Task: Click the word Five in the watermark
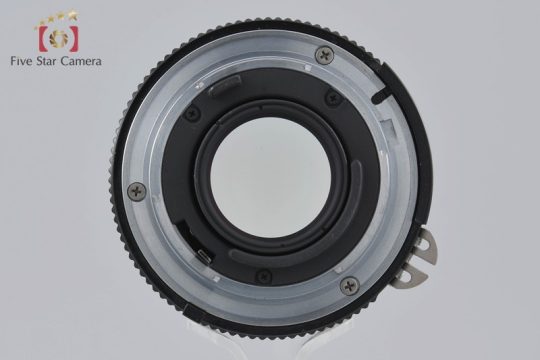[22, 61]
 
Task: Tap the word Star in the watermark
[49, 61]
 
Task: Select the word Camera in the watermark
[81, 61]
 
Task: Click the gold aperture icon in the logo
[59, 37]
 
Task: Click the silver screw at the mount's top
[324, 54]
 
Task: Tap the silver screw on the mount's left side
[136, 191]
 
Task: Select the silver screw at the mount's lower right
[349, 286]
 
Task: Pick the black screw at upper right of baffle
[333, 99]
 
